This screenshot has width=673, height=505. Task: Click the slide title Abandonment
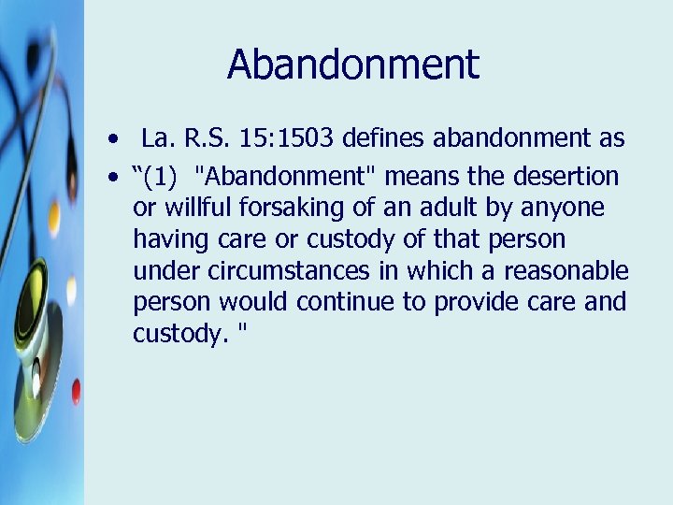(x=352, y=65)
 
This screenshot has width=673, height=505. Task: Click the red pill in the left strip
(x=75, y=390)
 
